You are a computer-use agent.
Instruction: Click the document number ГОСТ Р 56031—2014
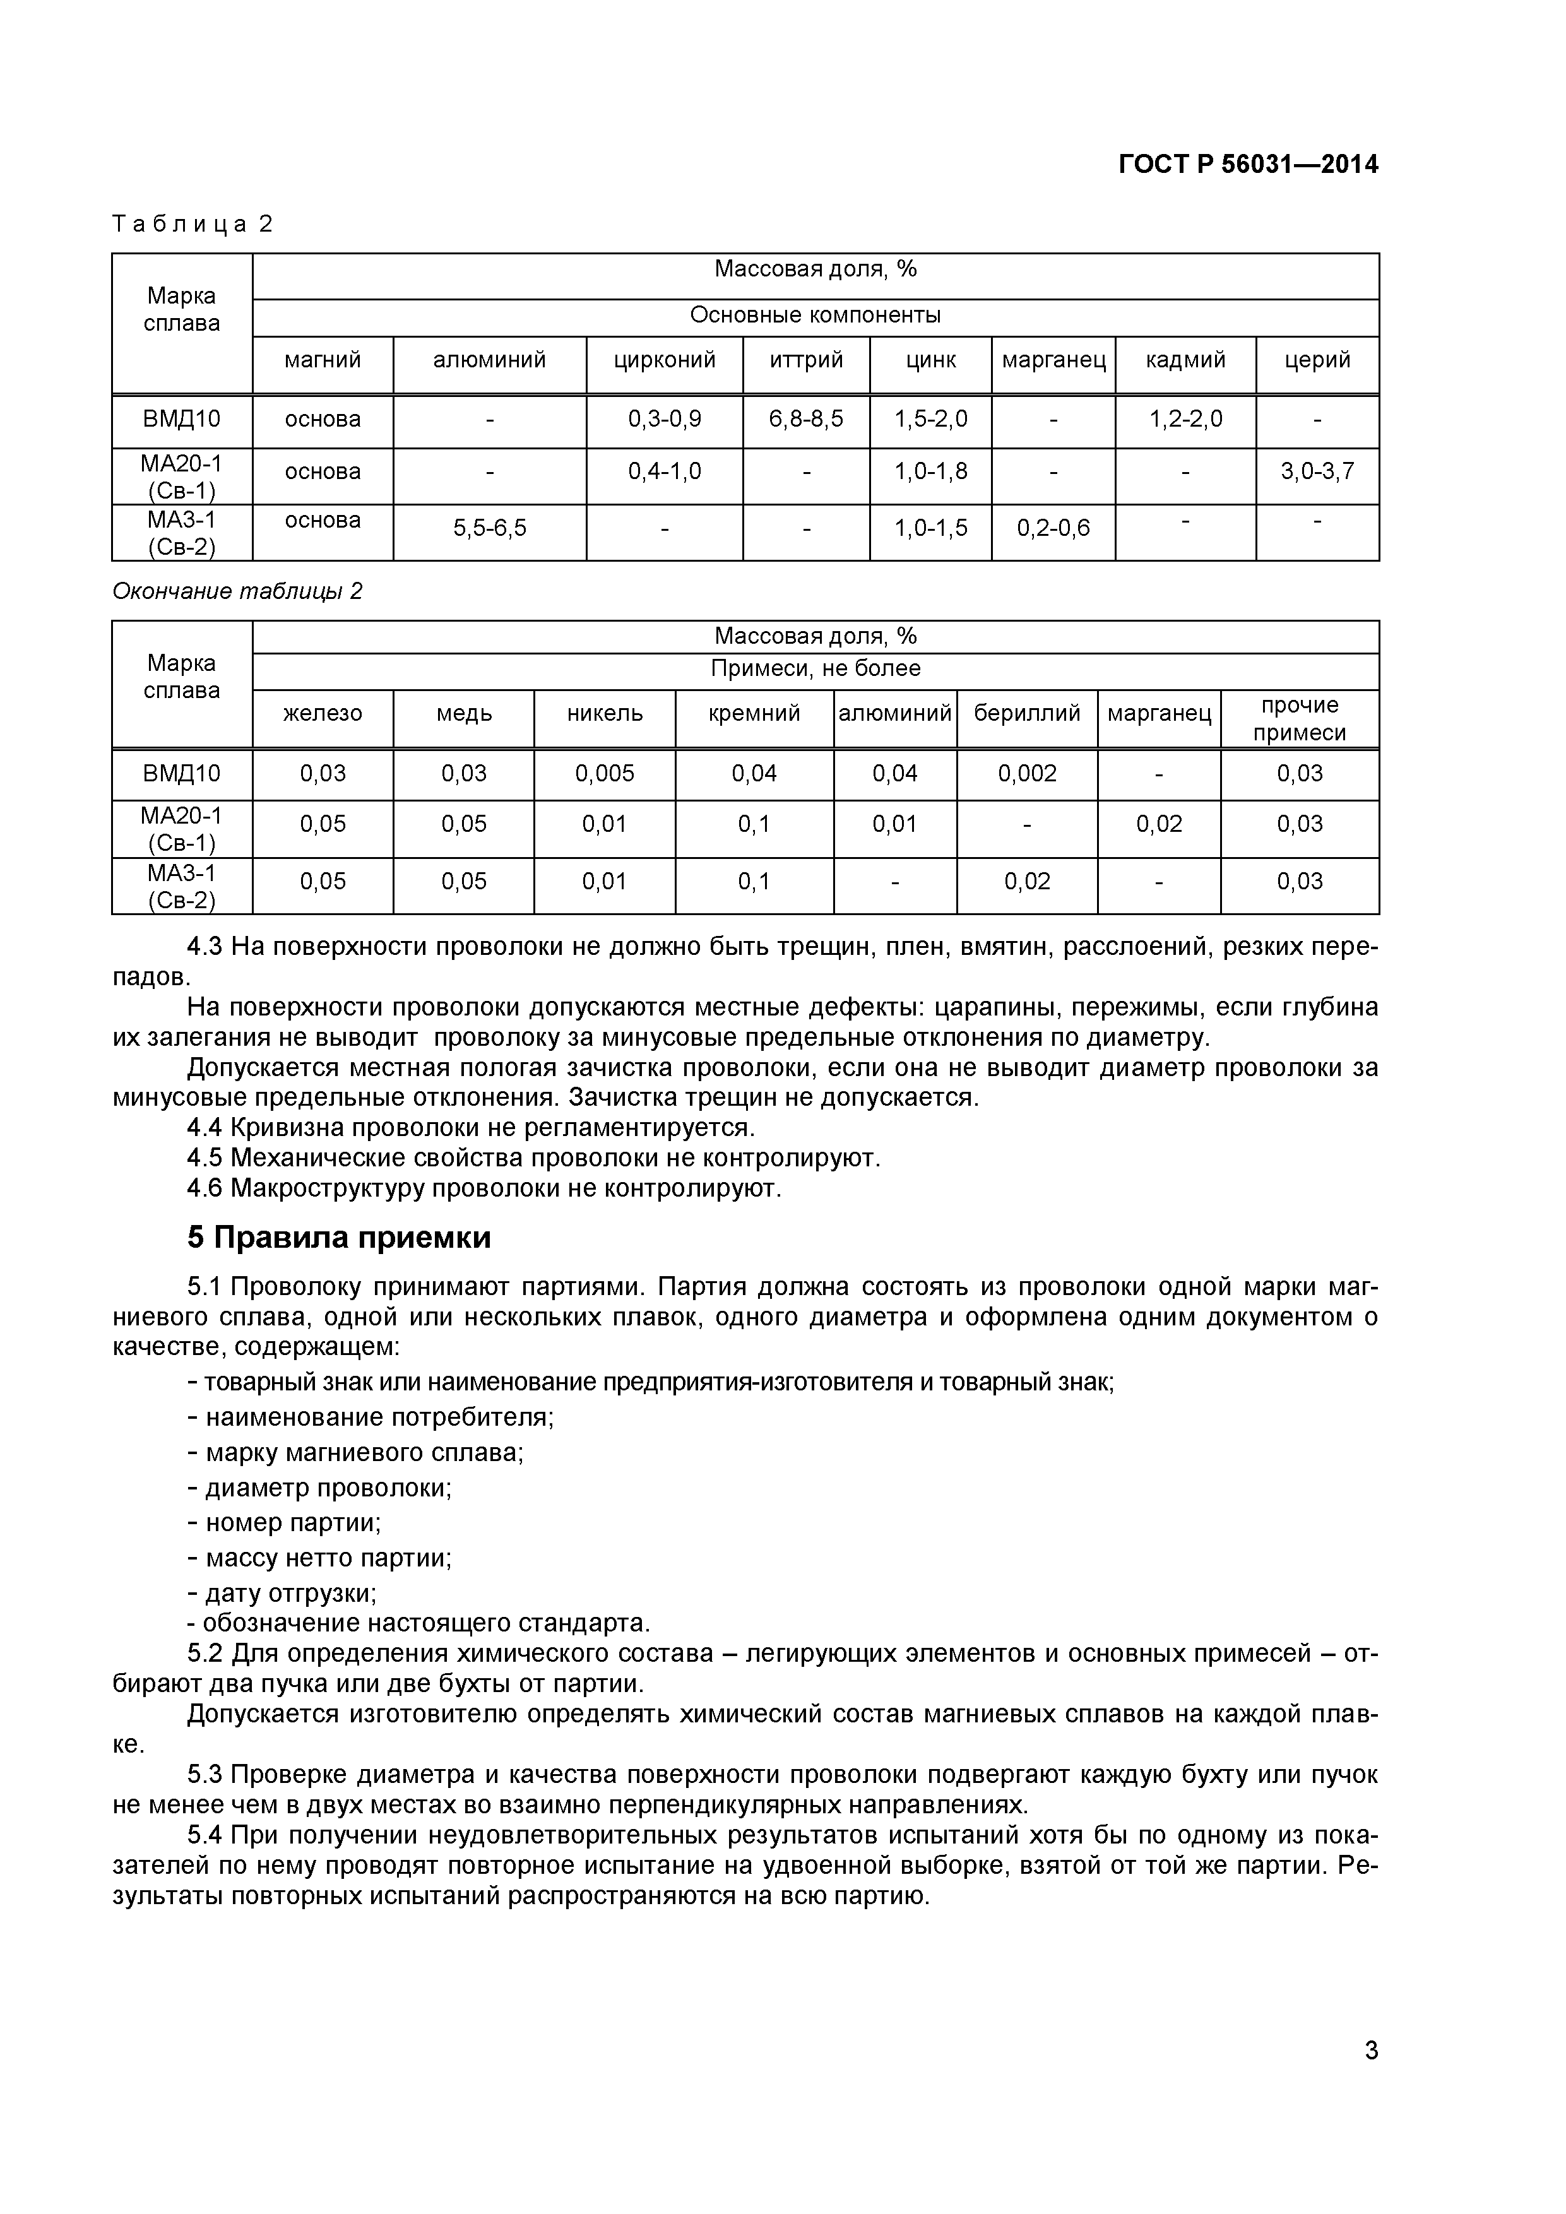(1248, 165)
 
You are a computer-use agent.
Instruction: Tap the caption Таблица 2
(193, 225)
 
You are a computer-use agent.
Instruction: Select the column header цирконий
(665, 360)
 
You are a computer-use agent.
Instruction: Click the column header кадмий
(1185, 360)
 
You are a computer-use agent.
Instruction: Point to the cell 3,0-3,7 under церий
(1317, 471)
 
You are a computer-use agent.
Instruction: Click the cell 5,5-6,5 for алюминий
(490, 528)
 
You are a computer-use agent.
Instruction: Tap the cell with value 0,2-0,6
(1053, 528)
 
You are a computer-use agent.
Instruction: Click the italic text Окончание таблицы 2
(237, 591)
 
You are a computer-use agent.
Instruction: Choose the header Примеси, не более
(815, 668)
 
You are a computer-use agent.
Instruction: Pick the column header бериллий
(1027, 714)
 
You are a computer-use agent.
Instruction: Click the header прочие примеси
(1299, 719)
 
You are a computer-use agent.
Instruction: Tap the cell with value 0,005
(605, 773)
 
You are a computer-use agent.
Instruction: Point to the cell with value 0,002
(1027, 773)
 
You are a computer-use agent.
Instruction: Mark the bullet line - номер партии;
(285, 1524)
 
